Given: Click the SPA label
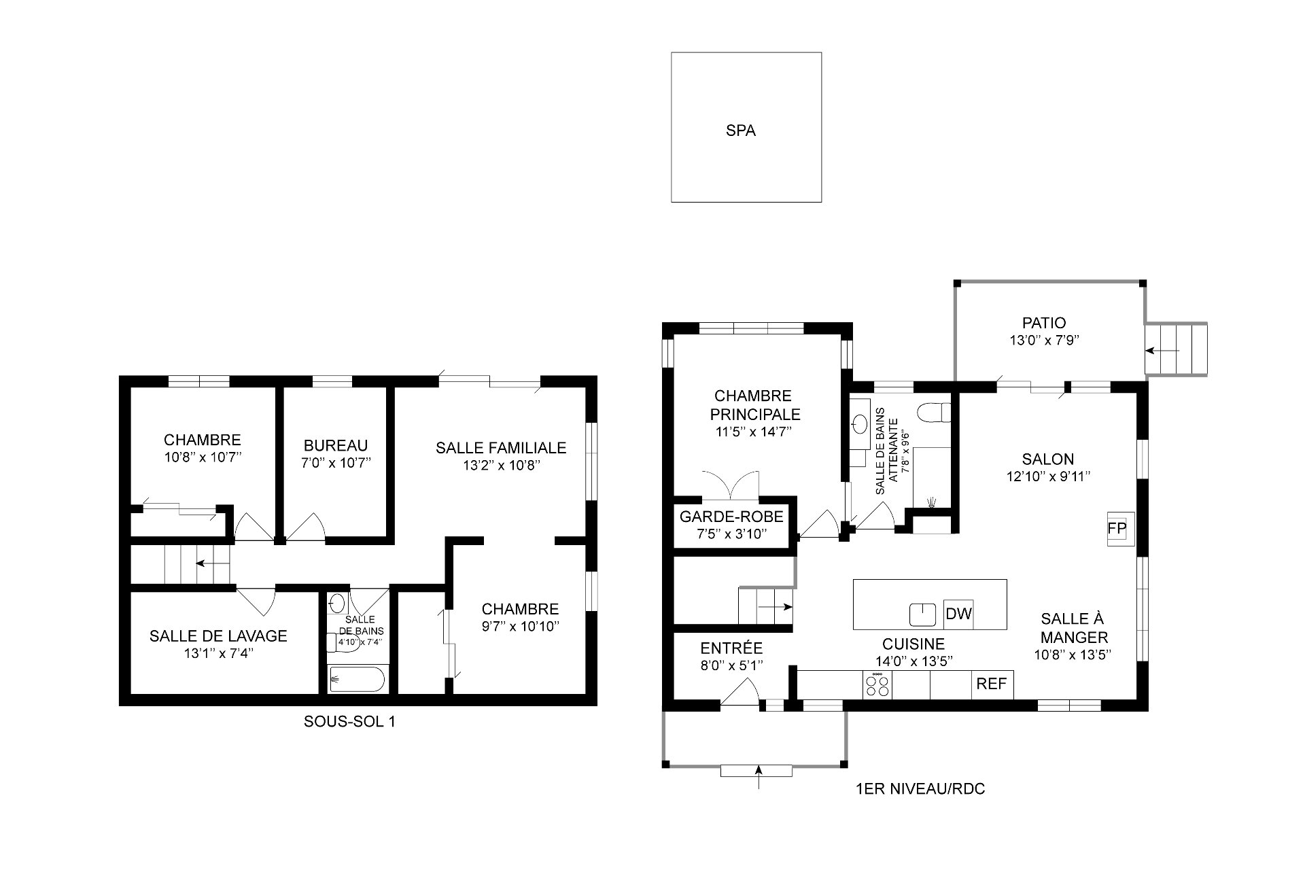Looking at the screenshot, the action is (740, 130).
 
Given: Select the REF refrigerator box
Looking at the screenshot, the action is (992, 684).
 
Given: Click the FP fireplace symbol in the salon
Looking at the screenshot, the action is (1117, 528).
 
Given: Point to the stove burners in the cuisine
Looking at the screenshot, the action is (877, 684).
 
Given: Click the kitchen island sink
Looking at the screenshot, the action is (923, 614).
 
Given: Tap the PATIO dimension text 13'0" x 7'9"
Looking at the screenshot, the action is (1044, 341).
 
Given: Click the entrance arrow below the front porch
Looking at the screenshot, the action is (759, 776).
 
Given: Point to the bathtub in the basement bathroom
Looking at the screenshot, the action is (357, 678).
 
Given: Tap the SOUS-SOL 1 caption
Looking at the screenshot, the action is (349, 722).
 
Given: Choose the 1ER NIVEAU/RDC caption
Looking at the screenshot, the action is (920, 789).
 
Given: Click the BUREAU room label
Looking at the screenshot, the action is (336, 445).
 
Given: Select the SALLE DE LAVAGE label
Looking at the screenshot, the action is (218, 636).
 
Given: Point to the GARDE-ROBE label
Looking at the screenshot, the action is (731, 517).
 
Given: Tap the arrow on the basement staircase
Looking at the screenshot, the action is (212, 563).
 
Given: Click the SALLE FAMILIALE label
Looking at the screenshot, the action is (501, 447).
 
